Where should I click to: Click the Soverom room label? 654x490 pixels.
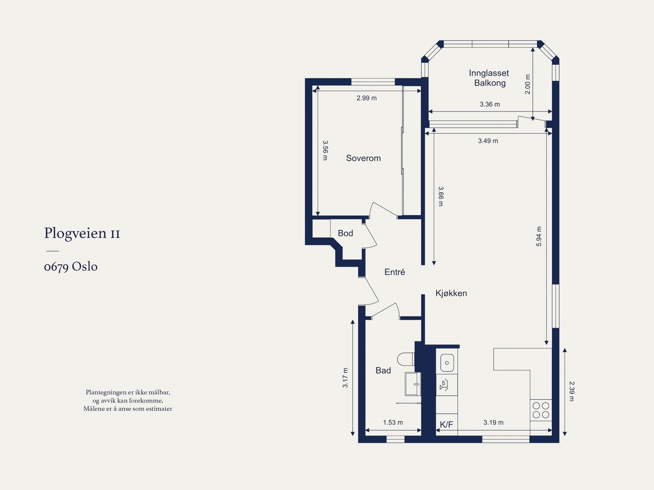(x=363, y=158)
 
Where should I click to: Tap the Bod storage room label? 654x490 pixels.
(x=345, y=233)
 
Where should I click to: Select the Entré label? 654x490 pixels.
(x=394, y=272)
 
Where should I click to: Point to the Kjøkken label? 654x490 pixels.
(x=451, y=293)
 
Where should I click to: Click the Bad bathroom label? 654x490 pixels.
(x=383, y=371)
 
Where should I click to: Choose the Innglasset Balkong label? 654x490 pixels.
(x=489, y=78)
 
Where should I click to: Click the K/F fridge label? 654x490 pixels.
(x=446, y=425)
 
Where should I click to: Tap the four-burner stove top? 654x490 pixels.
(x=541, y=410)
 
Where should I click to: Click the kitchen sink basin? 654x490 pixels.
(x=447, y=363)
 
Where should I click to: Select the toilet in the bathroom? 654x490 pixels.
(x=406, y=359)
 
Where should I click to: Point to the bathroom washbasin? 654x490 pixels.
(x=413, y=384)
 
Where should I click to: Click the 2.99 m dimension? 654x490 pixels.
(x=367, y=98)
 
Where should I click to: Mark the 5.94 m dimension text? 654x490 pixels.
(x=539, y=236)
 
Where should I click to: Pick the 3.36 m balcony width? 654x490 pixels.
(x=490, y=104)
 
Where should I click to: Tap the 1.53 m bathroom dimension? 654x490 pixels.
(x=393, y=423)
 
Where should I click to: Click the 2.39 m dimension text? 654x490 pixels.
(x=571, y=391)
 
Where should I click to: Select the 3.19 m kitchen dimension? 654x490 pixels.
(x=493, y=423)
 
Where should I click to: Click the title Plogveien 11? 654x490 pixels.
(x=82, y=234)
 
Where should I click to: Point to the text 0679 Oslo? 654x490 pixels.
(x=71, y=266)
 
